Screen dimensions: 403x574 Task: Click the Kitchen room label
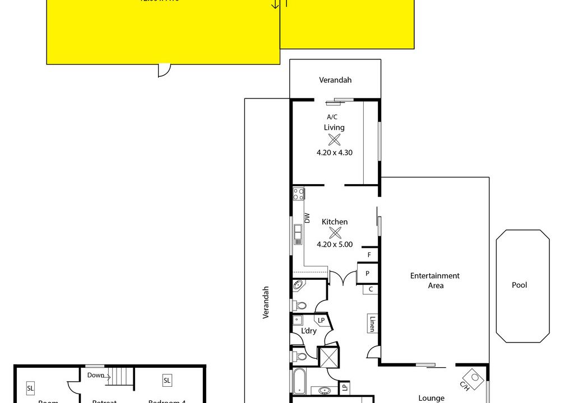(x=335, y=222)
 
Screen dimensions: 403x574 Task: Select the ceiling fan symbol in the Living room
(x=335, y=140)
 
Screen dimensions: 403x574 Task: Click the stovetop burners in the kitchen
(x=298, y=194)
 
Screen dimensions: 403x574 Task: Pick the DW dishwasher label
(x=307, y=218)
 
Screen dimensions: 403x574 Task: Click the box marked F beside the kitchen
(x=369, y=255)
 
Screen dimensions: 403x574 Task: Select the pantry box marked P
(x=368, y=274)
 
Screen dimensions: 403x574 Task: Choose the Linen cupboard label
(x=372, y=324)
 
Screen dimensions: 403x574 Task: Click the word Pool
(x=520, y=285)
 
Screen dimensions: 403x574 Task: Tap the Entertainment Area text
(x=435, y=280)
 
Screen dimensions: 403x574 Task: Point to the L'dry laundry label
(x=309, y=331)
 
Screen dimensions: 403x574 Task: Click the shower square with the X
(x=328, y=357)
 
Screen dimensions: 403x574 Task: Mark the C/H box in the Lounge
(x=474, y=379)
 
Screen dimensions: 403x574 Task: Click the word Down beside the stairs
(x=95, y=375)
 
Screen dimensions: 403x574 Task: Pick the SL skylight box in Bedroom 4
(x=167, y=381)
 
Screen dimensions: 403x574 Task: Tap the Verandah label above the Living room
(x=335, y=80)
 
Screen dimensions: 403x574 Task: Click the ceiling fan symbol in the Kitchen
(x=335, y=233)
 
